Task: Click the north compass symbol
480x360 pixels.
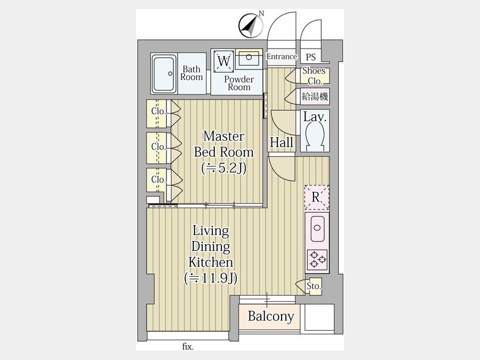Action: tap(251, 26)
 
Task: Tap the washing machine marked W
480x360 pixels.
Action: tap(224, 61)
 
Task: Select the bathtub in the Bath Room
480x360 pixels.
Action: tap(164, 74)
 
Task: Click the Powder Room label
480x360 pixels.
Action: tap(239, 83)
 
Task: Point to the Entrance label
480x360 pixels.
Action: tap(282, 57)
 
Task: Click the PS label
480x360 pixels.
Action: tap(311, 58)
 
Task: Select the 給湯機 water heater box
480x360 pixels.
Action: tap(315, 97)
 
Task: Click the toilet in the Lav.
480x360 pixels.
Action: tap(314, 135)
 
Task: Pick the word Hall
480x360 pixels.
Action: tap(282, 142)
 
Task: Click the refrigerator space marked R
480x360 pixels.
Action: tap(317, 197)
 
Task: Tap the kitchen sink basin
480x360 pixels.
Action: tap(317, 228)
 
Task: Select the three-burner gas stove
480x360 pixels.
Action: tap(317, 260)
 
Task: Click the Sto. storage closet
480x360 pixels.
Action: tap(314, 286)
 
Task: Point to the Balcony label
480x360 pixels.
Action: tap(271, 316)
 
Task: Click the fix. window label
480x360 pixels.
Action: tap(188, 347)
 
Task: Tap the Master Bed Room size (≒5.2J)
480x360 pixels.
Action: tap(224, 168)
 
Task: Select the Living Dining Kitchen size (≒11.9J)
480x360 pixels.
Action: tap(211, 278)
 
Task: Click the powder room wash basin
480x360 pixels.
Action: tap(249, 58)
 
